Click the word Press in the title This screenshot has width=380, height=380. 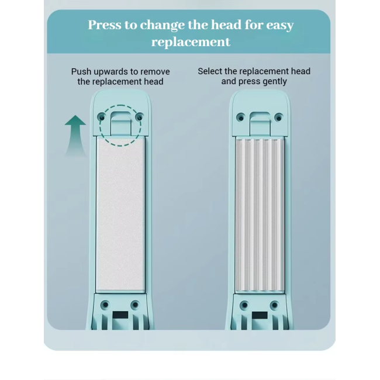[105, 25]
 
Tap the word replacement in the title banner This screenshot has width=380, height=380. [191, 42]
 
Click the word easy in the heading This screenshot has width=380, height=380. [279, 26]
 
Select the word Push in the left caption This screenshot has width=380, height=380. [81, 72]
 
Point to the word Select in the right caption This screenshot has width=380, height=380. [210, 71]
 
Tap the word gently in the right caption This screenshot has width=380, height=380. [275, 82]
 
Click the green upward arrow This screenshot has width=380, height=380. [75, 135]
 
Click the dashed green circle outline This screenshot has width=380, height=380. [100, 126]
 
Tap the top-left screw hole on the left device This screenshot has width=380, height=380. [102, 118]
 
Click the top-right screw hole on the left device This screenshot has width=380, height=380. [139, 118]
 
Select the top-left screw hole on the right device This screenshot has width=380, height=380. [241, 118]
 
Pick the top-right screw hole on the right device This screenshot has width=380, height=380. [278, 118]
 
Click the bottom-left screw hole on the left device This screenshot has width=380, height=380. [105, 305]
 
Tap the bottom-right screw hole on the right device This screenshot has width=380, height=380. [274, 305]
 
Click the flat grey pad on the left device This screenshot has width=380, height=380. [120, 214]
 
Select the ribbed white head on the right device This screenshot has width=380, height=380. [260, 215]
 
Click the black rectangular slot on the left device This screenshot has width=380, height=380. [120, 315]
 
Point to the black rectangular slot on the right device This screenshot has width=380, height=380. [260, 316]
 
